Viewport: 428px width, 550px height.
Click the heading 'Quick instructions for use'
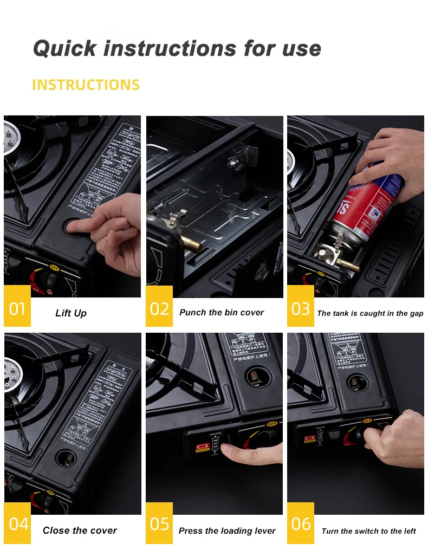click(177, 48)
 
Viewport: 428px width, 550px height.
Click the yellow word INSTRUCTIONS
click(86, 85)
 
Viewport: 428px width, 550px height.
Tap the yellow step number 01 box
click(17, 309)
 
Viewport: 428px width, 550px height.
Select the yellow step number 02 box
click(159, 309)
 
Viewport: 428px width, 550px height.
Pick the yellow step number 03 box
click(301, 309)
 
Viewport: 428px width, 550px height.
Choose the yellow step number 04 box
click(17, 524)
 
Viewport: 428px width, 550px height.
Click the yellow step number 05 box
click(159, 524)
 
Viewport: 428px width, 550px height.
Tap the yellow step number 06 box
click(301, 524)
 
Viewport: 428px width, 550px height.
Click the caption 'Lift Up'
click(71, 313)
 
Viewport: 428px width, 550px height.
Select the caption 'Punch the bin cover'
click(222, 313)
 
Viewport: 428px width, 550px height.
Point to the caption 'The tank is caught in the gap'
click(370, 313)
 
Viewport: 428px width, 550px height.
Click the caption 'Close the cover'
click(80, 530)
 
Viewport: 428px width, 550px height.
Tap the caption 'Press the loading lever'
click(227, 531)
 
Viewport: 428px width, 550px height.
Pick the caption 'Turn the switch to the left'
click(368, 531)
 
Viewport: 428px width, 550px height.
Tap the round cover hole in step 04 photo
click(66, 458)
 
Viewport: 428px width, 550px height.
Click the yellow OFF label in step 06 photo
click(367, 421)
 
